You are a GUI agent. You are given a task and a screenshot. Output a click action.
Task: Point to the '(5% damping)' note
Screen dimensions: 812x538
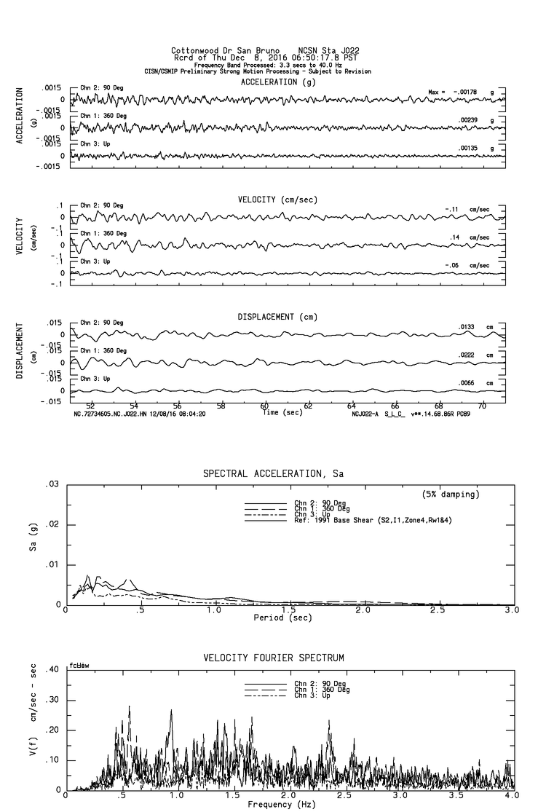(x=451, y=494)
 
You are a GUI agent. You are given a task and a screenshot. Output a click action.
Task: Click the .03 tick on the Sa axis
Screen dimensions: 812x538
(x=51, y=485)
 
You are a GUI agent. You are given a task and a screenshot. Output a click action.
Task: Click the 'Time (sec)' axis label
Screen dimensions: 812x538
(x=282, y=413)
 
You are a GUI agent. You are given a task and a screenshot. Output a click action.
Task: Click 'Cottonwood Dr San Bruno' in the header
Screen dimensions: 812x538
(x=221, y=51)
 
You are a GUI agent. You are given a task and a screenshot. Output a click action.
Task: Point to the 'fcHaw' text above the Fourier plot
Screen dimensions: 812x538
(x=78, y=666)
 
